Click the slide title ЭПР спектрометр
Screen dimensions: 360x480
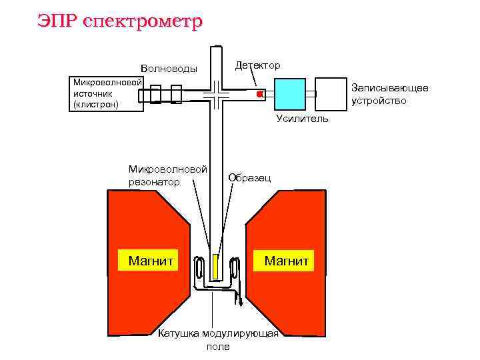(119, 21)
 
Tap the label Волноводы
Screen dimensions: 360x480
(169, 69)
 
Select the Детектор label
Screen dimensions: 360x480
(257, 65)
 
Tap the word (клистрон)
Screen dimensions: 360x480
(96, 105)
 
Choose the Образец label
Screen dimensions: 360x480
(249, 177)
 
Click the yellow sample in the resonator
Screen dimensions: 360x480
(215, 267)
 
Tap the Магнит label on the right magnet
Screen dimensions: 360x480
(286, 260)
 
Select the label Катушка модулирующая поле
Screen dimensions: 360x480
(217, 340)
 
